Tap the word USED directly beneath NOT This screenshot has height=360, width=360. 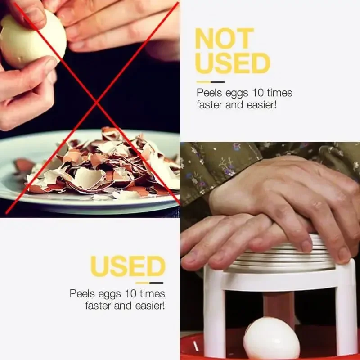[232, 63]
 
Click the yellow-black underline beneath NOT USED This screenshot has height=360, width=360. [210, 82]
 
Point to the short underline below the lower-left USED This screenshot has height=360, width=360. [149, 283]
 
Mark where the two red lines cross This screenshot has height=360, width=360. [96, 105]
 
